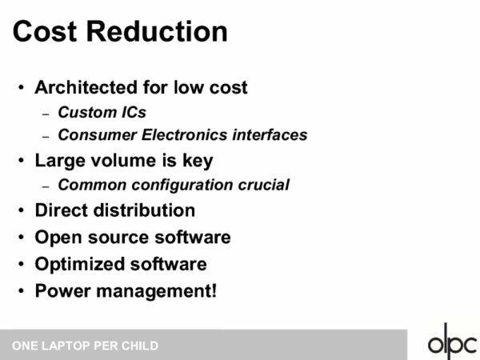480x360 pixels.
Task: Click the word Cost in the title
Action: pos(45,31)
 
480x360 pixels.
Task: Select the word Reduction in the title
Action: pos(157,31)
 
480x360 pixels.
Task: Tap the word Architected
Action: pos(86,87)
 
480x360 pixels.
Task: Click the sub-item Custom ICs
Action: pos(102,112)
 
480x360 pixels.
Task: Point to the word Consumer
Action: pos(98,134)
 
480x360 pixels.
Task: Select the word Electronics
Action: pos(185,134)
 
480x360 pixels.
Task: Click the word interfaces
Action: pos(270,134)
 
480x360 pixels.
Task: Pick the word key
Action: pos(198,161)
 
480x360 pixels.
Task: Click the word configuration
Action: pos(182,186)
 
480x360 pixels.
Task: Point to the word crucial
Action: pos(263,185)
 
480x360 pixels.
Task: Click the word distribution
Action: pos(144,210)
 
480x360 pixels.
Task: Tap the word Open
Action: pos(58,238)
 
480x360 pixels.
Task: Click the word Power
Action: pos(62,290)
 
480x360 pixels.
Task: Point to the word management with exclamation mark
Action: pos(157,291)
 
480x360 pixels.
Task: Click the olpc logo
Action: pos(453,342)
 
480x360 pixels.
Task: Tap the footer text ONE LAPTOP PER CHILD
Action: pos(85,346)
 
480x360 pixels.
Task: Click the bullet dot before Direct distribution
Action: pos(21,210)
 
